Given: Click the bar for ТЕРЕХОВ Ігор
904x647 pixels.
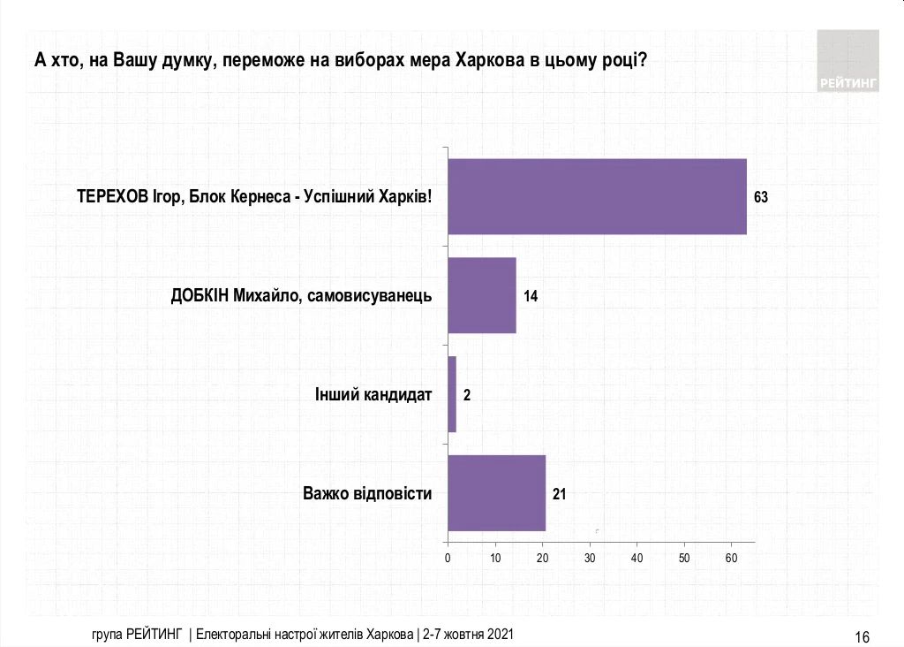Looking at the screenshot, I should pyautogui.click(x=597, y=196).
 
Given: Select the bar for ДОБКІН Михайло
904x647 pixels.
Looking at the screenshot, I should pyautogui.click(x=481, y=295).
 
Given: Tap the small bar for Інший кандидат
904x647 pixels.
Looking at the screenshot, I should pyautogui.click(x=452, y=394).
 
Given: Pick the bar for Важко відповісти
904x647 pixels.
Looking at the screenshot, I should pyautogui.click(x=496, y=493).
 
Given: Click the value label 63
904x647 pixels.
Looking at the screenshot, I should pyautogui.click(x=761, y=197).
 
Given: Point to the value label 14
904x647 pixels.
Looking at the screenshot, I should pyautogui.click(x=531, y=296).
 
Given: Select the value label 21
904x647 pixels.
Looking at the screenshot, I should pyautogui.click(x=559, y=494).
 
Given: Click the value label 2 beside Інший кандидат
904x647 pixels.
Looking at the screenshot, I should pyautogui.click(x=467, y=395).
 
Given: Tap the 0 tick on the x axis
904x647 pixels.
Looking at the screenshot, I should pyautogui.click(x=448, y=558).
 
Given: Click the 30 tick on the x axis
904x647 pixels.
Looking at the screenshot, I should pyautogui.click(x=590, y=558).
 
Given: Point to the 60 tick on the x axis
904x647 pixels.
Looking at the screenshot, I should pyautogui.click(x=731, y=558).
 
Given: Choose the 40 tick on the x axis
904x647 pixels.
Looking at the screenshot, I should pyautogui.click(x=637, y=558).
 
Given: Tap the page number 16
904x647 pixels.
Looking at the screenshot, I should pyautogui.click(x=863, y=637).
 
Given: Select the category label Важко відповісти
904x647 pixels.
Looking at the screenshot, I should pyautogui.click(x=367, y=493).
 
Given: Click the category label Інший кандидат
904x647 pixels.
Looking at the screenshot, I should pyautogui.click(x=373, y=394).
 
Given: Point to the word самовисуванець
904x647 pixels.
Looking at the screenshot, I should pyautogui.click(x=371, y=295).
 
